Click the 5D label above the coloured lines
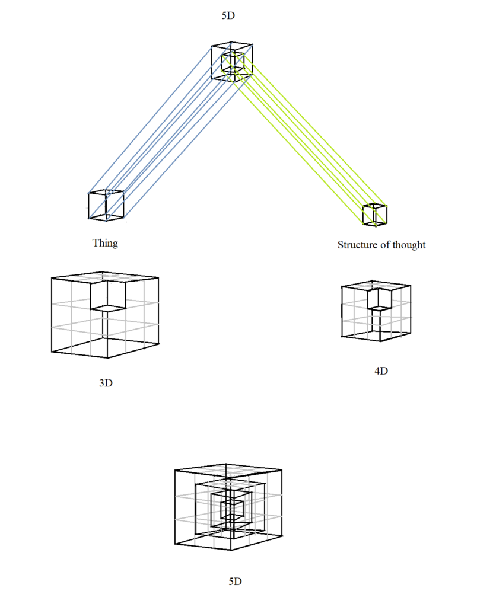click(228, 15)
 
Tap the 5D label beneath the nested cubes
click(235, 582)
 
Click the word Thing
click(105, 244)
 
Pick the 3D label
click(106, 383)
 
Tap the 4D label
click(381, 371)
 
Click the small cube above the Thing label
click(106, 205)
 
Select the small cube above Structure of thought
click(375, 215)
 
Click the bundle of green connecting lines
click(304, 139)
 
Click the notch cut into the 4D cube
click(380, 299)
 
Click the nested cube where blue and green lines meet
click(232, 61)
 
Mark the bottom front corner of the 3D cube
click(107, 357)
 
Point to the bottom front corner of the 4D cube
click(380, 341)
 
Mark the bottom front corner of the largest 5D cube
click(231, 550)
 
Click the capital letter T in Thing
click(96, 242)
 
